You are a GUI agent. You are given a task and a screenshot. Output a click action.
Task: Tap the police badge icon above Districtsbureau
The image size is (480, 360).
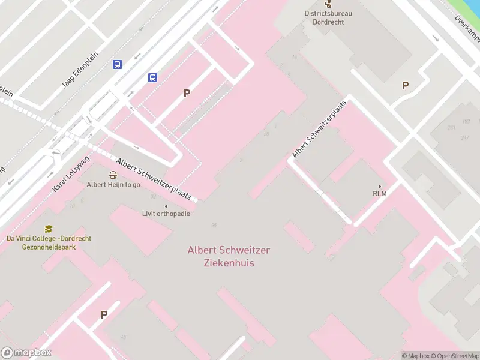click(328, 3)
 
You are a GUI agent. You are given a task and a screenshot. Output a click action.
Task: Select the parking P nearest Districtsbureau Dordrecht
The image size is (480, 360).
click(405, 86)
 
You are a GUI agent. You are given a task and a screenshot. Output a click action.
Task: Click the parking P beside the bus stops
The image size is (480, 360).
click(187, 93)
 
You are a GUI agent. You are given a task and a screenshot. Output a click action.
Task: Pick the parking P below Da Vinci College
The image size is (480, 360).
click(104, 314)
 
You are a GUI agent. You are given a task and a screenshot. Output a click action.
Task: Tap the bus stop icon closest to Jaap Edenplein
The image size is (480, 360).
click(117, 65)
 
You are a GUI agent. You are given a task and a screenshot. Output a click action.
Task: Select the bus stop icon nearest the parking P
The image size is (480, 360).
click(153, 77)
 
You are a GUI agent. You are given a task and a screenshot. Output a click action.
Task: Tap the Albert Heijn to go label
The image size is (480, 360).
click(113, 185)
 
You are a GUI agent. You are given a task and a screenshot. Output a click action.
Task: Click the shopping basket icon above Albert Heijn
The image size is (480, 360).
click(113, 175)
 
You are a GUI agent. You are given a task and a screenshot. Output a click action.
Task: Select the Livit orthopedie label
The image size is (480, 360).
click(166, 214)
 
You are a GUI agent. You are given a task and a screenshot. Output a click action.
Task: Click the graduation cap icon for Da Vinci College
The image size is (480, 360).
click(49, 229)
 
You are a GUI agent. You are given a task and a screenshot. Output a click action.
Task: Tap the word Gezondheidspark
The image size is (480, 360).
click(49, 247)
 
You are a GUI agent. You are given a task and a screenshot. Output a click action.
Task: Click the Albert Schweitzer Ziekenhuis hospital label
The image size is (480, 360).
click(220, 256)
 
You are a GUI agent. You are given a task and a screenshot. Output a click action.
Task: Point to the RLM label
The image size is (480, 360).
click(379, 193)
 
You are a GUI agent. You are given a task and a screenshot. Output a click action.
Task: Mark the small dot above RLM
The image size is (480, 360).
click(379, 186)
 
